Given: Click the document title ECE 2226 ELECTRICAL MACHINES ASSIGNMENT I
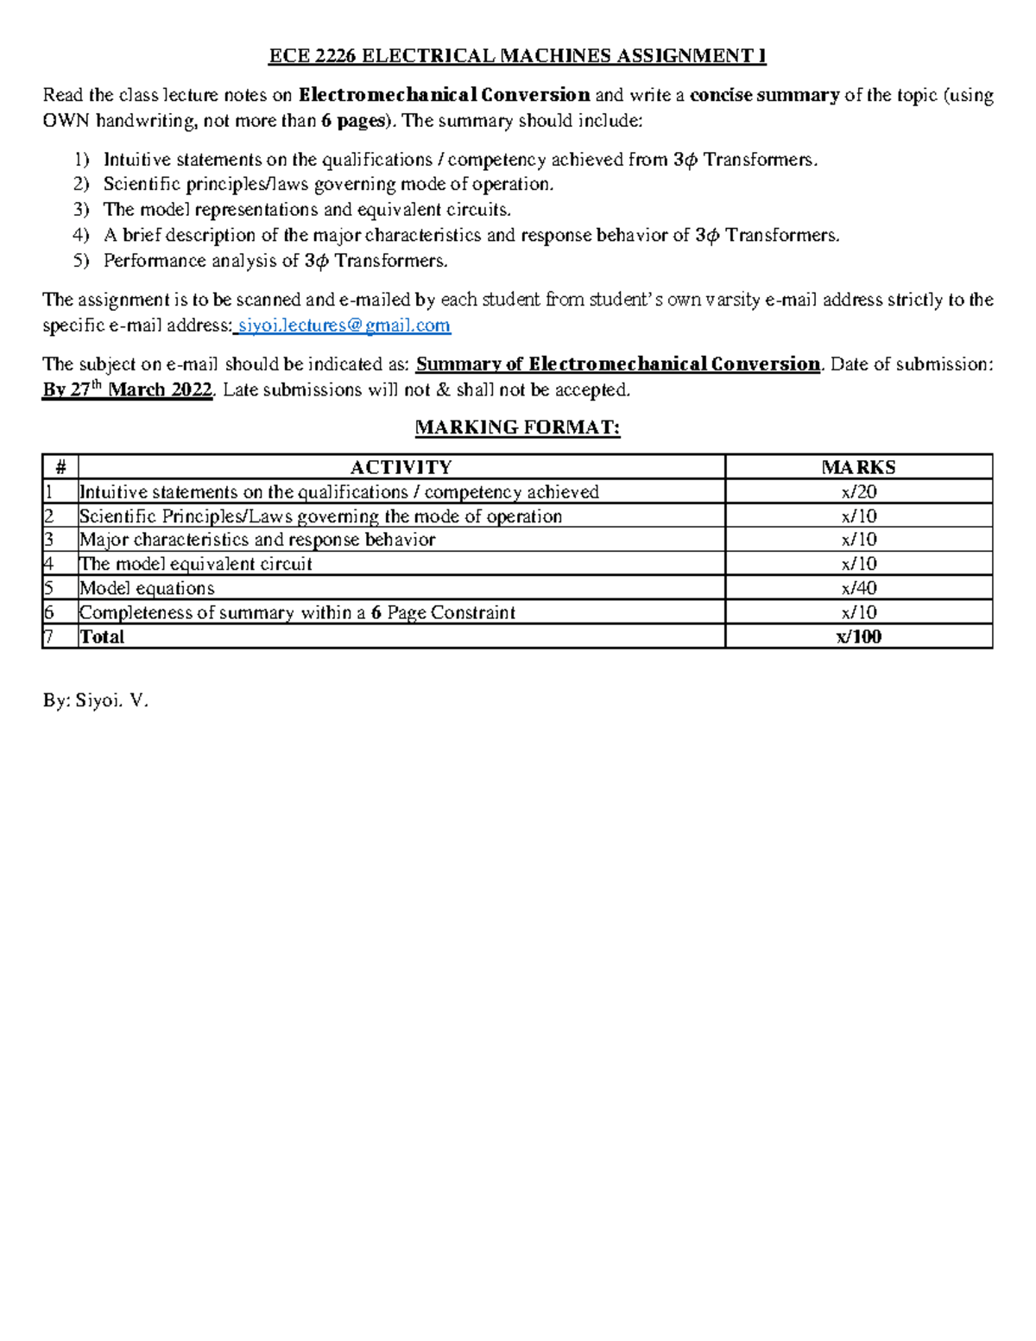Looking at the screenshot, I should [x=517, y=56].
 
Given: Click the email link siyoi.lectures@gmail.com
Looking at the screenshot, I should [x=344, y=326].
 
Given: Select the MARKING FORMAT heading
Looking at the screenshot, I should [x=517, y=427].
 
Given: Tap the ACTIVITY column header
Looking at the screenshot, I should [x=401, y=467].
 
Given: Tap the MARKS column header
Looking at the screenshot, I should [x=858, y=467].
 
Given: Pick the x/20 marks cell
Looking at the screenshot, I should [x=858, y=492].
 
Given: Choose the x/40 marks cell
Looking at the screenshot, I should [x=858, y=588].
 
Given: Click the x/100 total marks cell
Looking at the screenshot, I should [x=858, y=637].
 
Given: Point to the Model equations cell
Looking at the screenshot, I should [x=147, y=588].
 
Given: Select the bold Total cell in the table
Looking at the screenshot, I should [x=102, y=637].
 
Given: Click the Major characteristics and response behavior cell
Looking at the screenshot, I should [x=257, y=540].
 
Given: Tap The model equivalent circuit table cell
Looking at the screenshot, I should [x=196, y=564].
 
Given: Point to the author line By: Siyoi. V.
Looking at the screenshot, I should [x=96, y=700].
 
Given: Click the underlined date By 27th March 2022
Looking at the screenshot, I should [x=128, y=390].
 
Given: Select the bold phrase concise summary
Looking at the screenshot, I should [x=764, y=95].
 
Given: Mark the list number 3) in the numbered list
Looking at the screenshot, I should [x=81, y=210].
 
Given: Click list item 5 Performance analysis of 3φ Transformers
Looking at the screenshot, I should [x=275, y=261].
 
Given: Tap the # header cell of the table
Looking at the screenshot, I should [x=60, y=467].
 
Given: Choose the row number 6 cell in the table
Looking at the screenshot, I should [x=50, y=613].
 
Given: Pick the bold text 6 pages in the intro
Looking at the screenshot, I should [x=352, y=121].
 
